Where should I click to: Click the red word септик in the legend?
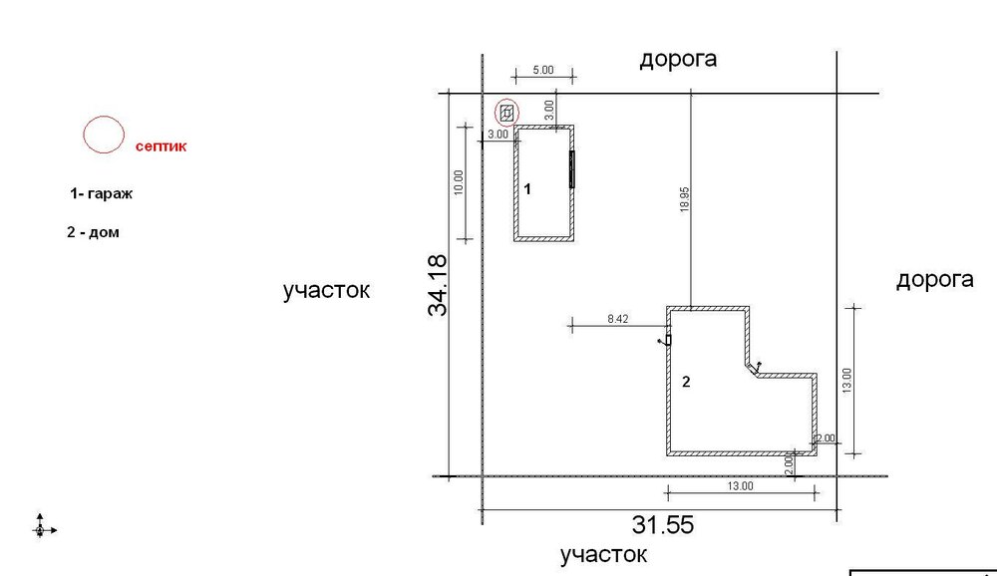(x=161, y=146)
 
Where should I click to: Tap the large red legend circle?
(x=84, y=135)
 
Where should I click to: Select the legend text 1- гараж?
(x=101, y=193)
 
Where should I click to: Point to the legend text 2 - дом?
(x=93, y=232)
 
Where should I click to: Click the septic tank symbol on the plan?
(x=506, y=114)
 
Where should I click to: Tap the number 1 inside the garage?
(x=527, y=188)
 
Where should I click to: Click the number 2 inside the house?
(x=686, y=382)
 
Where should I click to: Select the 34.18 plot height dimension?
(x=438, y=285)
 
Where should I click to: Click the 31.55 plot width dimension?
(x=663, y=525)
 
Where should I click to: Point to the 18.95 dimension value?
(x=685, y=199)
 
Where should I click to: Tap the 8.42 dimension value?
(x=617, y=319)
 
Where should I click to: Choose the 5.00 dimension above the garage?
(x=543, y=70)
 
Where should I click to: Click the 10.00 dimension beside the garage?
(x=459, y=182)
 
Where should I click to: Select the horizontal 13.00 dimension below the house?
(x=740, y=486)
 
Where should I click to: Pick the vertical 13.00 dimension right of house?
(x=846, y=381)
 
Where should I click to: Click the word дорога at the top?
(x=678, y=59)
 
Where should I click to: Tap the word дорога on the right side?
(x=935, y=280)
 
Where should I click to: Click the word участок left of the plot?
(x=326, y=291)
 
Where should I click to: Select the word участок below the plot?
(x=603, y=555)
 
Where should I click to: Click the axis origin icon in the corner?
(x=41, y=529)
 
